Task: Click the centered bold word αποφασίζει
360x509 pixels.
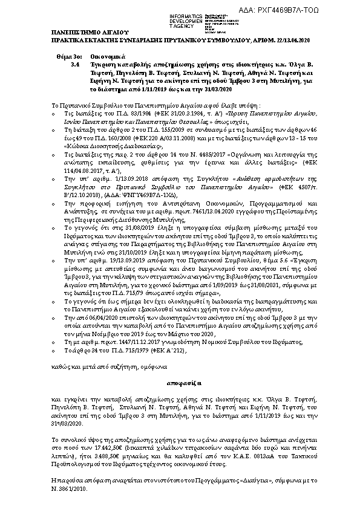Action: tap(180, 383)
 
